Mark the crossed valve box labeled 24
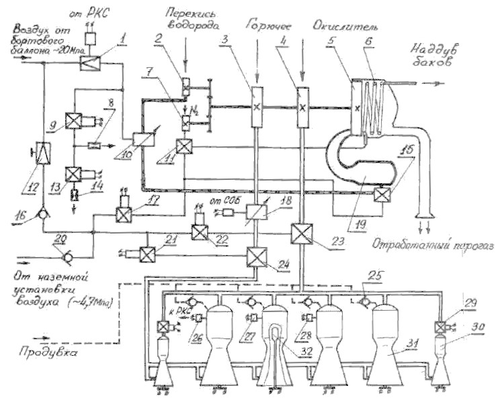point(256,256)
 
